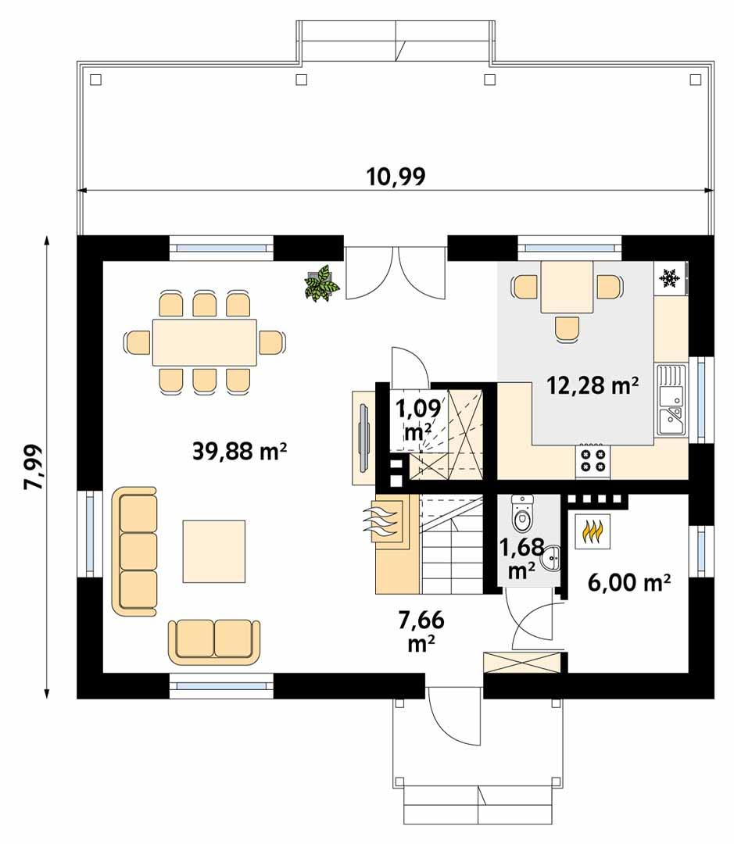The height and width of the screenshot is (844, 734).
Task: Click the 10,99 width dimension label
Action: pos(396,177)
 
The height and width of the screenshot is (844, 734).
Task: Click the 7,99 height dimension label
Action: pos(34,467)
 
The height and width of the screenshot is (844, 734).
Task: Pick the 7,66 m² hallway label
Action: pos(421,631)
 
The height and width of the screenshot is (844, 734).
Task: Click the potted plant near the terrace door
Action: pos(321,284)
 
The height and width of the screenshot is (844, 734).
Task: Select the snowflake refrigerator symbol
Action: pos(668,277)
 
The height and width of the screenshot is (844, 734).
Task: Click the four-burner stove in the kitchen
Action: pos(592,461)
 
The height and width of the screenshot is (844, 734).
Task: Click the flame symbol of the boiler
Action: pos(594,531)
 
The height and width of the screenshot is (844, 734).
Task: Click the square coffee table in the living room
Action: pos(214,551)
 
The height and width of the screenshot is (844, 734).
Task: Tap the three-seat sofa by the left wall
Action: pos(135,552)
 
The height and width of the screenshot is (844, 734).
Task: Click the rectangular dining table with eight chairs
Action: pos(204,342)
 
